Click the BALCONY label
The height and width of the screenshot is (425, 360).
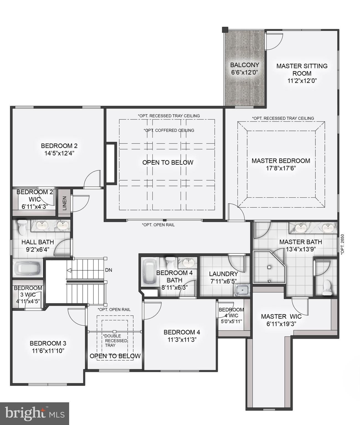[245, 65]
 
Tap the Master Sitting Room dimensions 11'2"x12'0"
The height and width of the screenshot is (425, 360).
[302, 81]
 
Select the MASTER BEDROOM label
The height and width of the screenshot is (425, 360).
[281, 161]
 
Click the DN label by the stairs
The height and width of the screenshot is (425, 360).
[108, 270]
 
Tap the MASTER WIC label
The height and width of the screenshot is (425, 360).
[281, 317]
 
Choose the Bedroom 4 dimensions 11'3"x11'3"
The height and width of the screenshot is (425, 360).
[182, 340]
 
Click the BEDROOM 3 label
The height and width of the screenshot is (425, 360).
[48, 343]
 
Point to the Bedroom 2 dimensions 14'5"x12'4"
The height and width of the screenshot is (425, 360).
[59, 153]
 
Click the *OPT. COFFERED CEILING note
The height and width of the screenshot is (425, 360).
[169, 130]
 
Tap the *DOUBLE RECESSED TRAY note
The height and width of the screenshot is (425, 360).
[115, 341]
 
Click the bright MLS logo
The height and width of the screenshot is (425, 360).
[34, 413]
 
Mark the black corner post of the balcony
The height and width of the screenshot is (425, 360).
[225, 29]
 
